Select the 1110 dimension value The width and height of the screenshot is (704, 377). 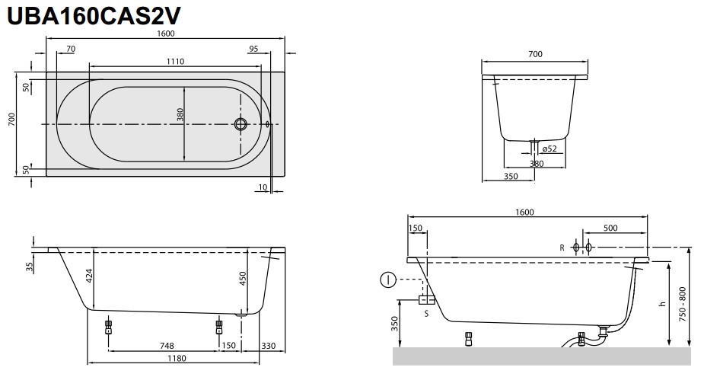pyautogui.click(x=176, y=62)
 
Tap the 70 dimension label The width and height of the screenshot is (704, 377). pyautogui.click(x=71, y=49)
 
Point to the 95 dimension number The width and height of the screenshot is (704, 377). pyautogui.click(x=253, y=49)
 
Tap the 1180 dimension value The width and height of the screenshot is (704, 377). pyautogui.click(x=176, y=358)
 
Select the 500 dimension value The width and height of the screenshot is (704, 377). pyautogui.click(x=610, y=228)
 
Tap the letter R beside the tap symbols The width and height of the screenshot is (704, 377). pyautogui.click(x=562, y=248)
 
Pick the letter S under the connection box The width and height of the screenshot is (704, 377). pyautogui.click(x=426, y=312)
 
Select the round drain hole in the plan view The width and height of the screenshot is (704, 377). pyautogui.click(x=242, y=124)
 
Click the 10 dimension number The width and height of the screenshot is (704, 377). pyautogui.click(x=262, y=187)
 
